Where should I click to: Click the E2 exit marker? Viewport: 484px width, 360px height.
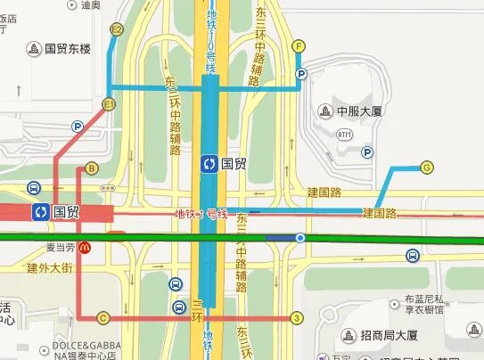click(x=116, y=29)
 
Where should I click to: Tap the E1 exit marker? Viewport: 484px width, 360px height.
click(x=110, y=104)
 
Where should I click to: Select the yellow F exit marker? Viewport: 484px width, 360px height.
click(x=299, y=46)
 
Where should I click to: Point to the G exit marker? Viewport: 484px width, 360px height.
click(x=427, y=167)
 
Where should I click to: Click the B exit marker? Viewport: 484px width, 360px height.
click(x=92, y=168)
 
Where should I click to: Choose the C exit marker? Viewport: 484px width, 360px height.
click(x=103, y=317)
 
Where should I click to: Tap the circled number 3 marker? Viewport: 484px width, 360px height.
click(x=298, y=317)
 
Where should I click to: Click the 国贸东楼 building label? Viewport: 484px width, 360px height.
click(x=66, y=47)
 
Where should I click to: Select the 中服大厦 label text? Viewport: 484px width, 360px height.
click(x=359, y=111)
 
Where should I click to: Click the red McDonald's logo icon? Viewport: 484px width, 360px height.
click(x=84, y=247)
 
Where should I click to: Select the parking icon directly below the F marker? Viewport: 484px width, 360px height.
click(x=300, y=74)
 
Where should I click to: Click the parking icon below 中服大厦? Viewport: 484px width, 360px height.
click(x=366, y=153)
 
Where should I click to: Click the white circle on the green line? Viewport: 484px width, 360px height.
click(x=300, y=237)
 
